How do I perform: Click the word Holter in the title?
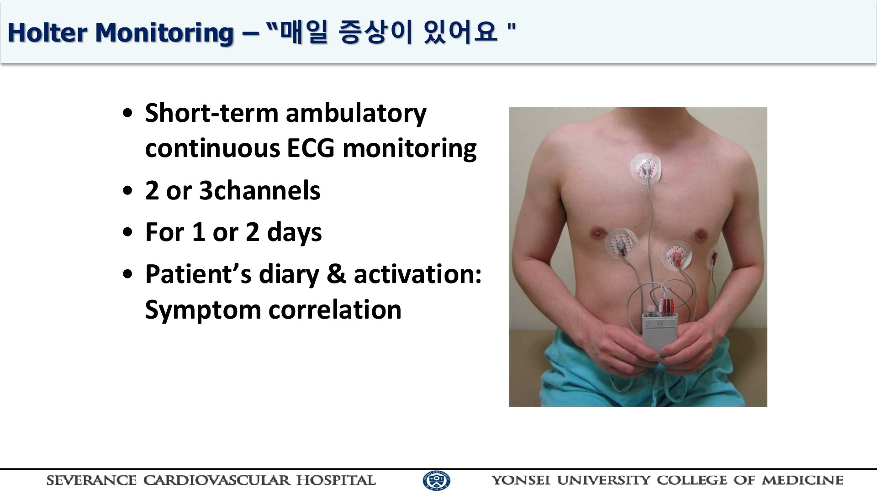(48, 33)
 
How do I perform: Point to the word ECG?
(313, 148)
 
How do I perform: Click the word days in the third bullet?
(294, 233)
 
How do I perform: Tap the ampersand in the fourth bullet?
(336, 274)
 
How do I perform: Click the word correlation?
(335, 309)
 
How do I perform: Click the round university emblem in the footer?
(437, 481)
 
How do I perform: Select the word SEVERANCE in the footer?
(91, 480)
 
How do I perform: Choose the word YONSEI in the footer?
(521, 480)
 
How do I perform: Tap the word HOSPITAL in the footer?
(336, 480)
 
